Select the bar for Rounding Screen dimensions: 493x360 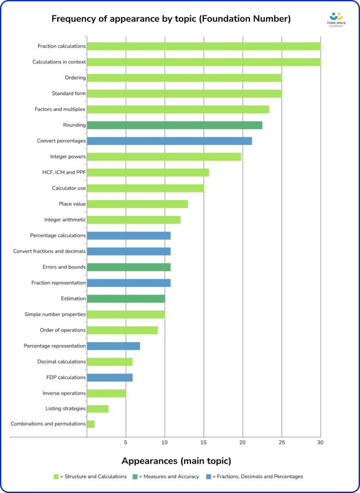coord(174,125)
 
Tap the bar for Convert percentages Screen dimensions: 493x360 coord(169,141)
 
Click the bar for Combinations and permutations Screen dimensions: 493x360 coord(90,424)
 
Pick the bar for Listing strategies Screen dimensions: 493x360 coord(97,409)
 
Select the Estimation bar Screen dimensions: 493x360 coord(126,298)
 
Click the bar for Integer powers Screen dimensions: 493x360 coord(164,156)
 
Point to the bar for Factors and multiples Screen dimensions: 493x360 coord(178,109)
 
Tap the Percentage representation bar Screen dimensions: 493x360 coord(113,346)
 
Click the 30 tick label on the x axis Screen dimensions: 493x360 coord(320,442)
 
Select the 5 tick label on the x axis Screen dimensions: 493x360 coord(126,442)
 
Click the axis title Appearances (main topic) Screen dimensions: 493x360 coord(176,461)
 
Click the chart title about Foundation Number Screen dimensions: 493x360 coord(171,19)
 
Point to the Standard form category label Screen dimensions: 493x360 coord(69,93)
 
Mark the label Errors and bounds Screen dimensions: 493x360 coord(64,267)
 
